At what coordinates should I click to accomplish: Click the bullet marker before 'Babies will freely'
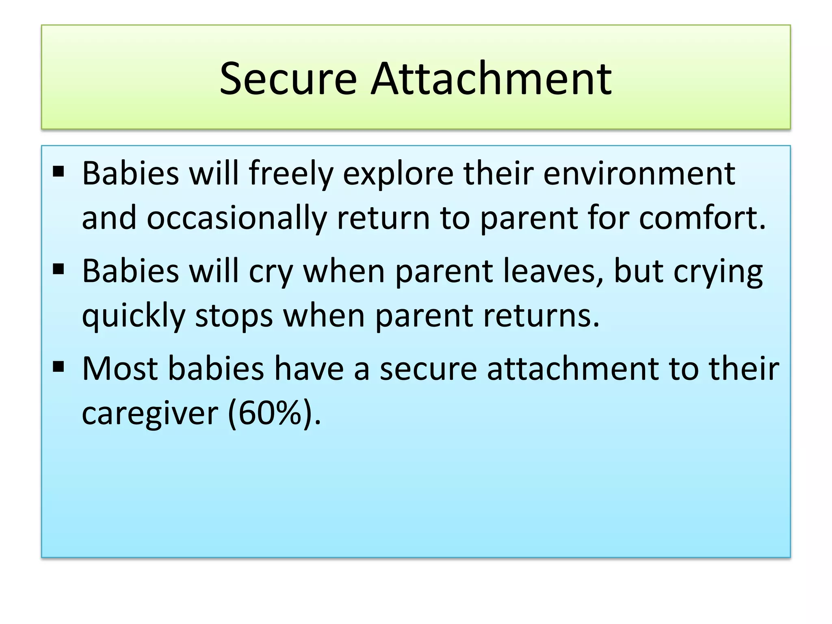click(x=58, y=172)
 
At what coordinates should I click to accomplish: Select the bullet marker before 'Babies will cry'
click(x=58, y=269)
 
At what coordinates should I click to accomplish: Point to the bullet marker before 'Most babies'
click(x=58, y=367)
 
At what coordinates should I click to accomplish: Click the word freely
click(x=291, y=174)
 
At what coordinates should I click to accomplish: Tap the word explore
click(x=398, y=174)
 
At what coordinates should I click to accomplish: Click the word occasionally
click(x=237, y=218)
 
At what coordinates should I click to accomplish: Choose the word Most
click(x=120, y=368)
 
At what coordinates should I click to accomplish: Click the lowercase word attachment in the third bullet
click(x=573, y=368)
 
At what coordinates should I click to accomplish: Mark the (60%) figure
click(x=274, y=413)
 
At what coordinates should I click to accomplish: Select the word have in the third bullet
click(x=309, y=368)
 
